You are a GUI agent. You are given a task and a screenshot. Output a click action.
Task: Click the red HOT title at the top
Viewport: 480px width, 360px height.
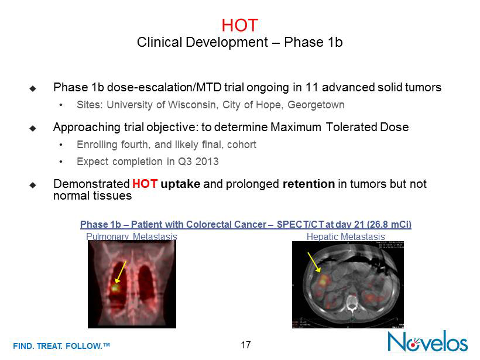(239, 25)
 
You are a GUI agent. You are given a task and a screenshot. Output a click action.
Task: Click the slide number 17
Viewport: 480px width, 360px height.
(245, 345)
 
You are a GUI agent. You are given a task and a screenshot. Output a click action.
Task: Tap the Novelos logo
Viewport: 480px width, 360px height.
(428, 341)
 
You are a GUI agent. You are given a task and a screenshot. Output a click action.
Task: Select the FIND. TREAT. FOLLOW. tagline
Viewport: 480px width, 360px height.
(61, 346)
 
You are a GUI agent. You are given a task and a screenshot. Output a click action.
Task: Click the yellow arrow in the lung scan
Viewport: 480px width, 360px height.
(121, 272)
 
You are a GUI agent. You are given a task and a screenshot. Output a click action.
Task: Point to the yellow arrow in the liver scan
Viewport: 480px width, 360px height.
(314, 262)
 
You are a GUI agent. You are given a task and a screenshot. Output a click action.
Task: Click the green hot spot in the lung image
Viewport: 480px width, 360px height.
(115, 288)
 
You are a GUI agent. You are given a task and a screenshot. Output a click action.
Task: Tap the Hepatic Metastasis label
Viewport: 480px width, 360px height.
(345, 236)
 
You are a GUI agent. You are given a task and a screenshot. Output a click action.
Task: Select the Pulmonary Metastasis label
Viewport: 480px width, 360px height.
(132, 236)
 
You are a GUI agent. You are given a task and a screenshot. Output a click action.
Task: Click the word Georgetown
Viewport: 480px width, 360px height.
(316, 105)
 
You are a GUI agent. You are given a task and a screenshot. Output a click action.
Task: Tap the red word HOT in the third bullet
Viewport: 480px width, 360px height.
(145, 184)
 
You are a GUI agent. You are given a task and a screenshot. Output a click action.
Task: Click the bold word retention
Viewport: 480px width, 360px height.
(308, 184)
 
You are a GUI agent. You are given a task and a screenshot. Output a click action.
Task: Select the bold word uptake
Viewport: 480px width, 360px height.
(180, 184)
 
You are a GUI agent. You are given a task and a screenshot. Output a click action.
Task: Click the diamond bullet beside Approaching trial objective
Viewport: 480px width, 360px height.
(33, 128)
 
